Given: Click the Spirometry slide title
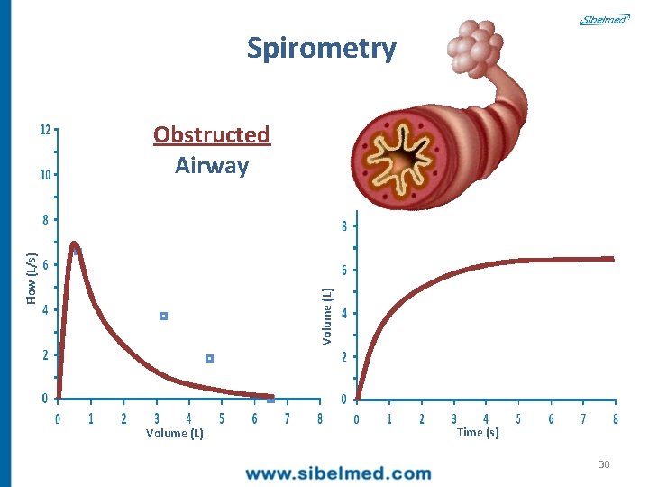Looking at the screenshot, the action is pos(322,48).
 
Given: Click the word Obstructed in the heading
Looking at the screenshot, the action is pos(212,134).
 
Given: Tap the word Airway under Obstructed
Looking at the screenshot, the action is pos(212,166).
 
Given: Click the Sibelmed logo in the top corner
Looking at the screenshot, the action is pos(603,19).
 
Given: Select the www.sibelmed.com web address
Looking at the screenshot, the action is pos(339,473).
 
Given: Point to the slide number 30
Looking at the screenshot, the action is pos(604,464).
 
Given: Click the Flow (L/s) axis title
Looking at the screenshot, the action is pos(32,276).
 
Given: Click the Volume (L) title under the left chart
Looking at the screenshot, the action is pos(175,434).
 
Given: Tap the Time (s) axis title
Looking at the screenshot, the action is pos(478,433).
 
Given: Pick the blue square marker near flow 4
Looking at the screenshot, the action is pos(164,317).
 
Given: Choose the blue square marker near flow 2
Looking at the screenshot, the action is pos(209,359).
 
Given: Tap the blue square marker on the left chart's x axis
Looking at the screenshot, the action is pos(270,399).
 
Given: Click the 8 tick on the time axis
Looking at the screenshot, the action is pos(616,419).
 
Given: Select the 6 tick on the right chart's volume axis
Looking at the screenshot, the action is pos(343,271).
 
